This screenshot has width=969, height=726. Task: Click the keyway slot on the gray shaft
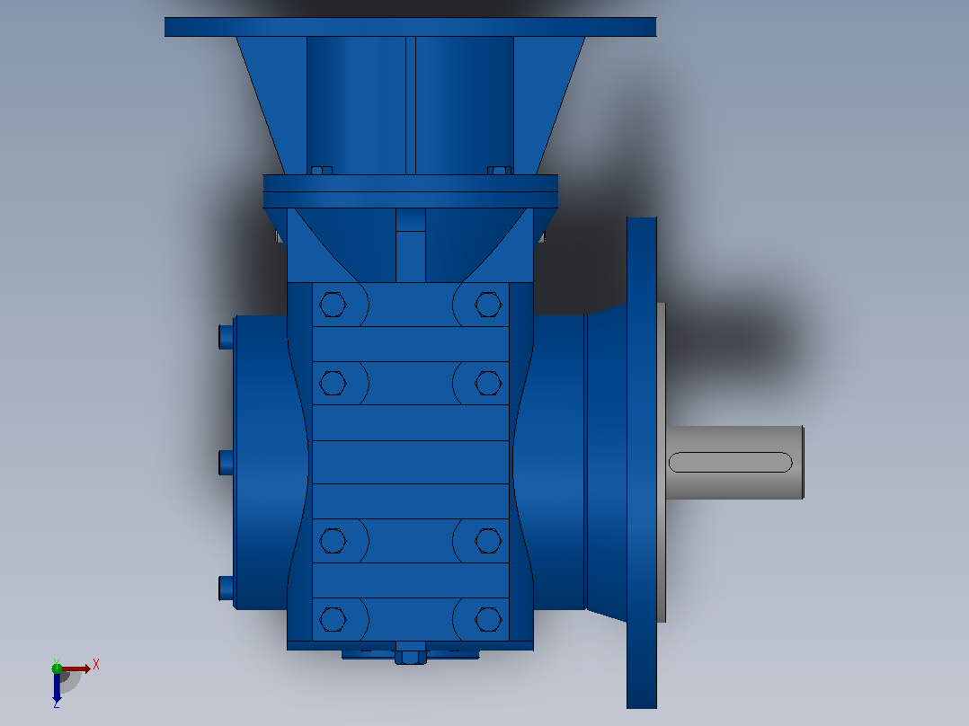731,462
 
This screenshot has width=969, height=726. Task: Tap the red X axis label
96,665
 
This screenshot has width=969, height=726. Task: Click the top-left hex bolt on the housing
333,305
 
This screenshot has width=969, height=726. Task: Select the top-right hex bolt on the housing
488,305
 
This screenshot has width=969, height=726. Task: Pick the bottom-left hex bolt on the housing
333,620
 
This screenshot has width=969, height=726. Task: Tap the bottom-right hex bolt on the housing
488,620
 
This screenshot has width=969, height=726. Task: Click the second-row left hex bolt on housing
333,383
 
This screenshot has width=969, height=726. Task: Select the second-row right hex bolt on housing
488,383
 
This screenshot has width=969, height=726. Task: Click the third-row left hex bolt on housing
333,541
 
